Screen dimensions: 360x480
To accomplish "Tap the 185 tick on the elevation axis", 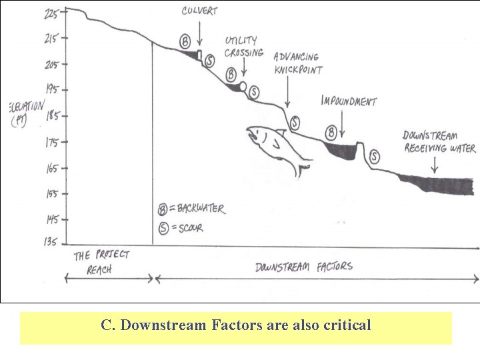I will [66, 115].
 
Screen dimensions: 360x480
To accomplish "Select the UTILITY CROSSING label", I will [241, 47].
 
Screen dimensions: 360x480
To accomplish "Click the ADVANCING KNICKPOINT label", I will [297, 63].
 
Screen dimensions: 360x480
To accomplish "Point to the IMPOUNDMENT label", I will [349, 101].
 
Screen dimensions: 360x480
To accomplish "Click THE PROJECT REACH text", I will [101, 262].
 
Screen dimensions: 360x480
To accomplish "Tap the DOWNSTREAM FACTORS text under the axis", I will [304, 267].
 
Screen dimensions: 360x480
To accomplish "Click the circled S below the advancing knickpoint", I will [294, 123].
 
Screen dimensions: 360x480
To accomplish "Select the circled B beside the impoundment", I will [331, 130].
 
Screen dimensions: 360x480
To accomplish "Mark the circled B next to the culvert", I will [185, 41].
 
